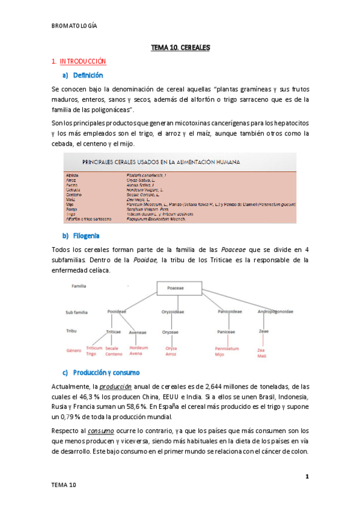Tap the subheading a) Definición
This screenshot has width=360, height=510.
tap(83, 75)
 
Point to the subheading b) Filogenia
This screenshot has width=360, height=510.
tap(81, 235)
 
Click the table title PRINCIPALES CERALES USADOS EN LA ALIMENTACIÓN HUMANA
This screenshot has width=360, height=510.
tap(161, 162)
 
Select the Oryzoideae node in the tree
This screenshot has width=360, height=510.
tap(172, 312)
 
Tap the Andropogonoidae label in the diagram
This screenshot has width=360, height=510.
tap(276, 312)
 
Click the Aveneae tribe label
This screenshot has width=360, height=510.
tap(138, 331)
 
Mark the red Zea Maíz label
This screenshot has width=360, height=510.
tap(262, 352)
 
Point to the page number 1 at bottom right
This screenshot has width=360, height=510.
tap(307, 477)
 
